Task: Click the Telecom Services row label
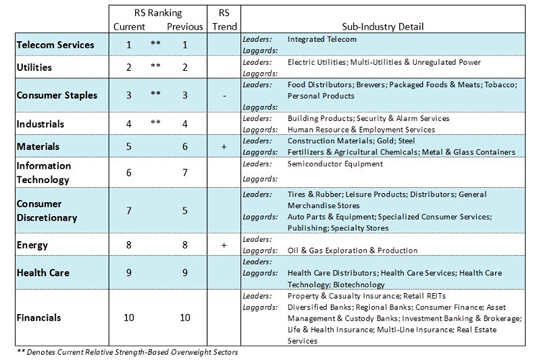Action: (55, 45)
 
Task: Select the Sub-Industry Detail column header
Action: (383, 26)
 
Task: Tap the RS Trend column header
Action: (224, 20)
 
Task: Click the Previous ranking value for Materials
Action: (184, 147)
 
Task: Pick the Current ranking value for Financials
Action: (128, 317)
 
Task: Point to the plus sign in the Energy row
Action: (224, 245)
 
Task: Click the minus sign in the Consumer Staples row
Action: (224, 96)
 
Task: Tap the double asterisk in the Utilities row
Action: (155, 65)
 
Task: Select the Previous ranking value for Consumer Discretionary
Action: (184, 211)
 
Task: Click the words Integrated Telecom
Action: (322, 39)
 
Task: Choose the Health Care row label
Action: (43, 273)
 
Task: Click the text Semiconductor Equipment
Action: (335, 164)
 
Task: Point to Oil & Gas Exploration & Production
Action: (353, 251)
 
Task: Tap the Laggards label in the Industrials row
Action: (260, 130)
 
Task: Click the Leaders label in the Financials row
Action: (257, 296)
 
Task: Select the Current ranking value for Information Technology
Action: (128, 173)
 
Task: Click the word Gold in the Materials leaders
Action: (386, 141)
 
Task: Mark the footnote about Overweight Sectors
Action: (127, 352)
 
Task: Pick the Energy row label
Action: (32, 245)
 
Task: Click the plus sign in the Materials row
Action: (224, 147)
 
